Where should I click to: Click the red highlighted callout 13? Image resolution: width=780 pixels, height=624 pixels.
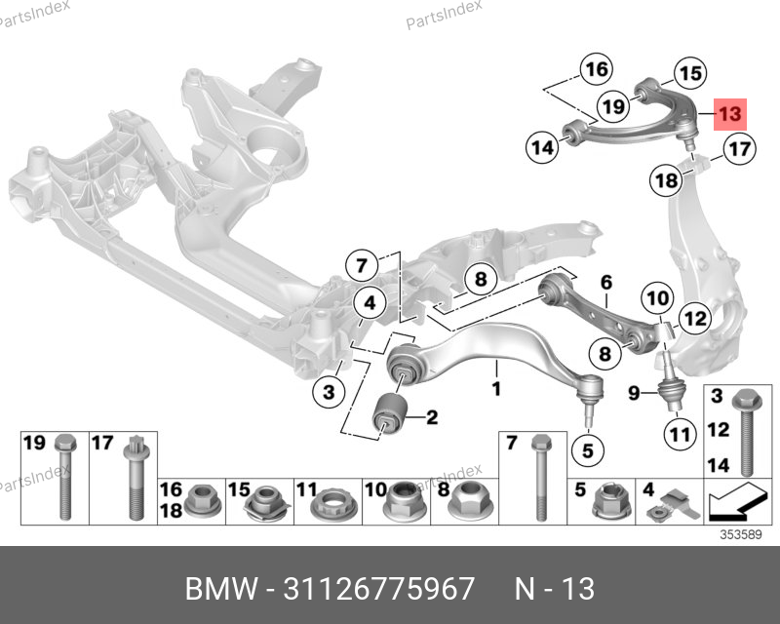tap(729, 114)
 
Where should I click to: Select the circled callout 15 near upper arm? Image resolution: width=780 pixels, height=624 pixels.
tap(689, 72)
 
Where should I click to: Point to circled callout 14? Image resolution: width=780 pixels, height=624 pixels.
tap(541, 148)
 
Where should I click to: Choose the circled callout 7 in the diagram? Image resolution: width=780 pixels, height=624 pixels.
tap(360, 265)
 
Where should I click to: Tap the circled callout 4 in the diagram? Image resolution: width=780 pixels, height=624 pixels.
tap(369, 306)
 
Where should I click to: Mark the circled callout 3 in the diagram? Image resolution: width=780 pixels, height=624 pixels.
tap(330, 392)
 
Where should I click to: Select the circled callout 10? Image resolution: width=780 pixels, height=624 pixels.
tap(657, 297)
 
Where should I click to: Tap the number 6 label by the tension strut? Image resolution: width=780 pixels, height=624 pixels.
tap(605, 283)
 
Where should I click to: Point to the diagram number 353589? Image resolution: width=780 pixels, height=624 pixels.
tap(740, 533)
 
